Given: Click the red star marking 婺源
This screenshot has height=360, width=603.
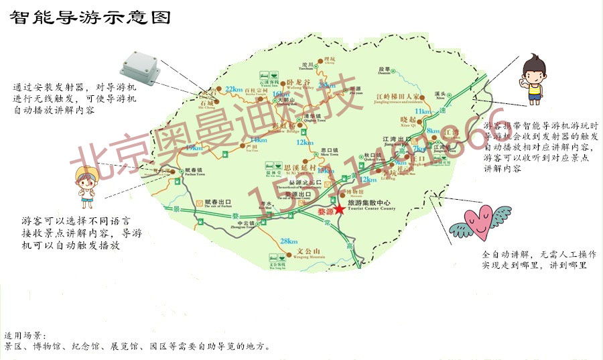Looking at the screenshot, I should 340,209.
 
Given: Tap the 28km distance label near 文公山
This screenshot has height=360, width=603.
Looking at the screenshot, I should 289,241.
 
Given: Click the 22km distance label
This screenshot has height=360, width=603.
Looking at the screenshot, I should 234,88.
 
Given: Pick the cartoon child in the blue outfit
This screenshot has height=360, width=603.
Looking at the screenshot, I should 86,184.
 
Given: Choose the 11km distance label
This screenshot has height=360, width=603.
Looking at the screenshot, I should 423,111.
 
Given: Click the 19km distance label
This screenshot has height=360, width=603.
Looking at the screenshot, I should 193,147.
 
